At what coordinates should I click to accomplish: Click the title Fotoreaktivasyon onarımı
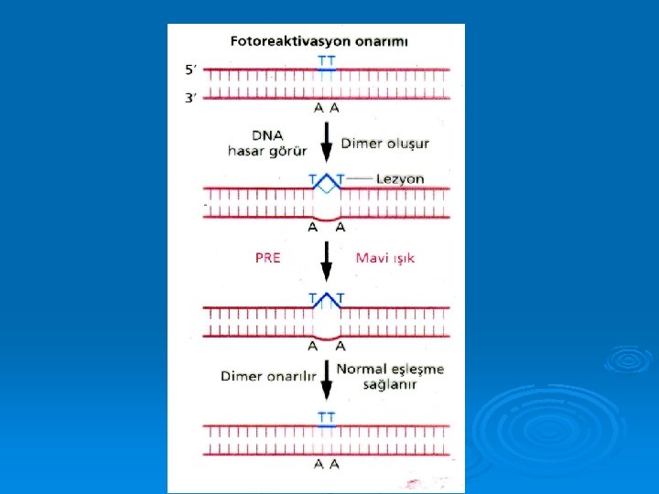click(x=319, y=41)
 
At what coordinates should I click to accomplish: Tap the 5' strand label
click(x=189, y=70)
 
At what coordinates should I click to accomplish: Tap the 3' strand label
click(x=189, y=97)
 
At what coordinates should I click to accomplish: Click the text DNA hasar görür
click(x=266, y=144)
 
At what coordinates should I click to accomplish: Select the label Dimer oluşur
click(x=384, y=143)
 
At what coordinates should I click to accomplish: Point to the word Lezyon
click(x=400, y=178)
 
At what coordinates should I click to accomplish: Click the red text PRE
click(x=268, y=258)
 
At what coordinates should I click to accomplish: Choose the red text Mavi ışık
click(x=385, y=258)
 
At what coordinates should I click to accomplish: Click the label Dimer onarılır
click(x=268, y=376)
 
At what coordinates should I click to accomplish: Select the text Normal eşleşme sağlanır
click(x=390, y=377)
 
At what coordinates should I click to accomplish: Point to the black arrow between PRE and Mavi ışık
click(x=326, y=260)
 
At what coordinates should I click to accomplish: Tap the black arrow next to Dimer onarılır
click(x=326, y=379)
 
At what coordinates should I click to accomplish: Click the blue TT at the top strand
click(x=326, y=61)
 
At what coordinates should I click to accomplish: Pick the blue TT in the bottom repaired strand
click(x=327, y=417)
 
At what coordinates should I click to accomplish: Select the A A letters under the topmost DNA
click(x=326, y=108)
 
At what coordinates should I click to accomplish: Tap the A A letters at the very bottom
click(x=327, y=464)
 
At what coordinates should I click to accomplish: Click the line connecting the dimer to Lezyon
click(x=359, y=177)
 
